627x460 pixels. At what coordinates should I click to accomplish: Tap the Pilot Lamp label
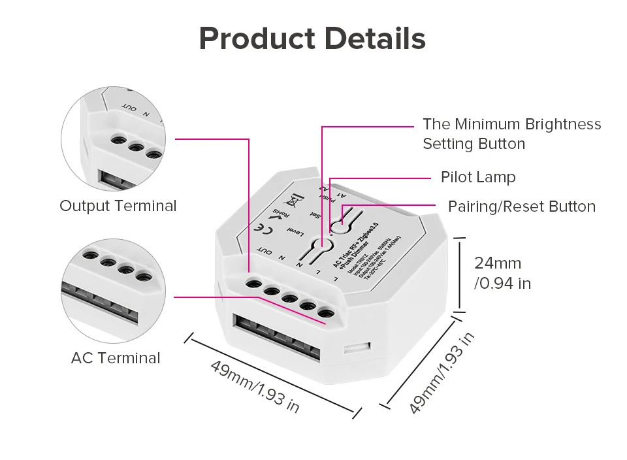point(477,177)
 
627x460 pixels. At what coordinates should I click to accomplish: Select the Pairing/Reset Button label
point(521,206)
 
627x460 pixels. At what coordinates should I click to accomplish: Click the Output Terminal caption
point(118,206)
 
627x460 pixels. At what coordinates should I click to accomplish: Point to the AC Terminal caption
point(115,358)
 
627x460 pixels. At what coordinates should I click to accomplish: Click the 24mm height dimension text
point(498,263)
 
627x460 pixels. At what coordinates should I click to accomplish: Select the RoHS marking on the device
point(278,214)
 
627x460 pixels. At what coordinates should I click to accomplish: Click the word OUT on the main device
point(265,250)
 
